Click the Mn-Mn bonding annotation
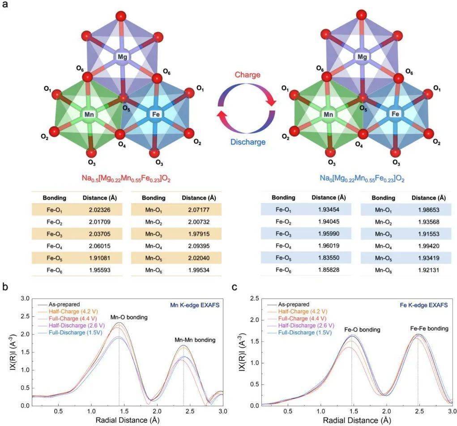point(195,340)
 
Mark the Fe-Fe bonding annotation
point(429,328)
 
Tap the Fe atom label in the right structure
point(395,114)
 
